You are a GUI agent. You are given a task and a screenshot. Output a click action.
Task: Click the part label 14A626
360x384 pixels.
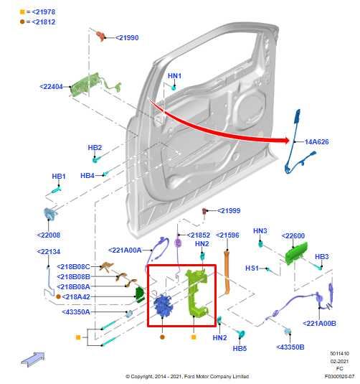point(316,142)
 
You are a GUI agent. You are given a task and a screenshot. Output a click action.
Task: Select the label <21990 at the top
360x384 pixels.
point(127,37)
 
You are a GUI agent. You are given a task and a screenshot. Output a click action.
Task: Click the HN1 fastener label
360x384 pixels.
point(174,75)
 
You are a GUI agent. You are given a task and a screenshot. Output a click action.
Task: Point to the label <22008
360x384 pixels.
point(49,235)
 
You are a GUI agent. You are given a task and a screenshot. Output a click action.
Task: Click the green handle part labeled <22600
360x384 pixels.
point(295,253)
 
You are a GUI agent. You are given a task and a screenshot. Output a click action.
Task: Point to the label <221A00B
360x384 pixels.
point(319,324)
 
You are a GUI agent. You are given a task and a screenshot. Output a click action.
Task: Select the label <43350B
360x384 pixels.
point(290,347)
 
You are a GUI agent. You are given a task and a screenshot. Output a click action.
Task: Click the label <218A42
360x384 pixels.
point(75,296)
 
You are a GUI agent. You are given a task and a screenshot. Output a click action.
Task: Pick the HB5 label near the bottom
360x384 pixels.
point(240,348)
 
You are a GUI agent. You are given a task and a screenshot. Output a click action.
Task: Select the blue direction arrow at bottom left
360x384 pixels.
point(33,357)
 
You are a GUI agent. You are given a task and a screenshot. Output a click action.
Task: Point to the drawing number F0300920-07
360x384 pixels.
point(338,375)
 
